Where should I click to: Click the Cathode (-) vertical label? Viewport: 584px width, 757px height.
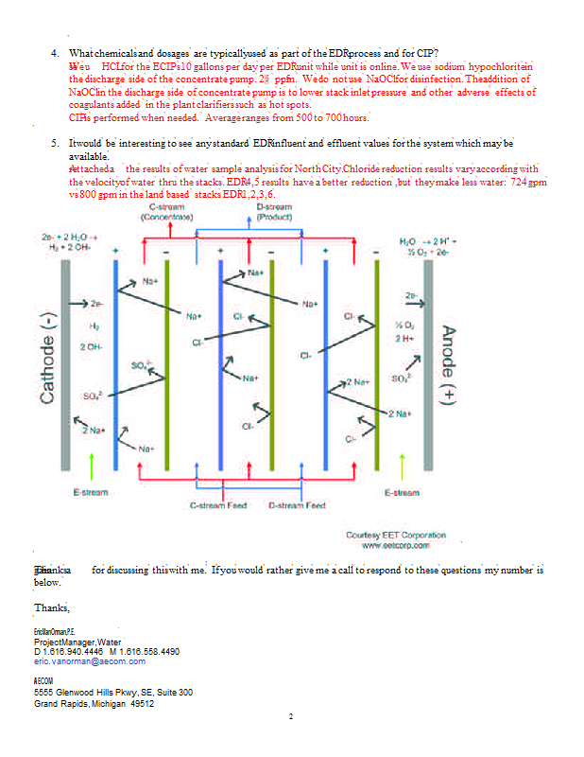(x=45, y=357)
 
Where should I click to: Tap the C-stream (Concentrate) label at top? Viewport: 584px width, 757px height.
(x=166, y=212)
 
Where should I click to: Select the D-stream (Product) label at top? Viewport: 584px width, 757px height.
(x=274, y=212)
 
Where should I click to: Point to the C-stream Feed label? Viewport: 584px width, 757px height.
(x=218, y=505)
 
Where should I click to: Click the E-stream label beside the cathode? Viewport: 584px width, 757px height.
(x=92, y=492)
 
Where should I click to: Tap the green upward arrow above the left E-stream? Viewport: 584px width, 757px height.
(x=91, y=467)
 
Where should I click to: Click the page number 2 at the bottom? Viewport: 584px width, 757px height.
(x=292, y=716)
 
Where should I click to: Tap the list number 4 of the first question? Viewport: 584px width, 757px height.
(x=55, y=52)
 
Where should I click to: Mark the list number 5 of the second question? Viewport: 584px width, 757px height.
(x=55, y=143)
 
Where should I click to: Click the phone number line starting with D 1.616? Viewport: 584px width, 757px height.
(x=107, y=652)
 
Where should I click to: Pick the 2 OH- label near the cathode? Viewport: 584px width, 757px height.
(x=91, y=347)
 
